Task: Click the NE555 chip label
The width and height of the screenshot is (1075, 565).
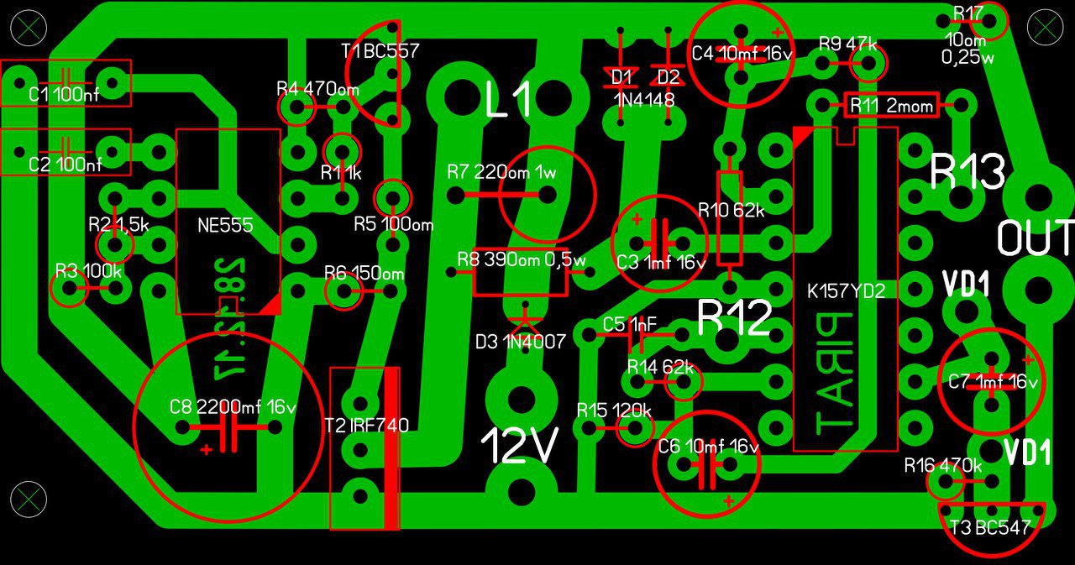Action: pyautogui.click(x=225, y=226)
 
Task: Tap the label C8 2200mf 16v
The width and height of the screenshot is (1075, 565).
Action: pyautogui.click(x=233, y=408)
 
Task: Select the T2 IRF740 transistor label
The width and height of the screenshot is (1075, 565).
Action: pyautogui.click(x=366, y=426)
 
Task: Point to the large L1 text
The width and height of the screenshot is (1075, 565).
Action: pyautogui.click(x=508, y=102)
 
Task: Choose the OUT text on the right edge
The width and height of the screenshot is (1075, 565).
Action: pyautogui.click(x=1035, y=238)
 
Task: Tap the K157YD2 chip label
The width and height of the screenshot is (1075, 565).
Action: pyautogui.click(x=846, y=292)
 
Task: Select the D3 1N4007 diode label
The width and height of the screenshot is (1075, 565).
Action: pyautogui.click(x=520, y=342)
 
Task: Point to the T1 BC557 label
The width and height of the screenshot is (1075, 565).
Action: pyautogui.click(x=380, y=51)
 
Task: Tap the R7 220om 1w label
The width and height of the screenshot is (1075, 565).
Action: pyautogui.click(x=501, y=173)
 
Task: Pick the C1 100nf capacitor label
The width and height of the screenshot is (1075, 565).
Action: pyautogui.click(x=64, y=95)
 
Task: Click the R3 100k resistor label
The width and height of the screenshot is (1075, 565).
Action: pyautogui.click(x=89, y=270)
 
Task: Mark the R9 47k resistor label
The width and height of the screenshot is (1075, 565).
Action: pyautogui.click(x=848, y=44)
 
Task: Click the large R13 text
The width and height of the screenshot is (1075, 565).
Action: pyautogui.click(x=967, y=172)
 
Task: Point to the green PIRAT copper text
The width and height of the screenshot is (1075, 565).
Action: pyautogui.click(x=834, y=374)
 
